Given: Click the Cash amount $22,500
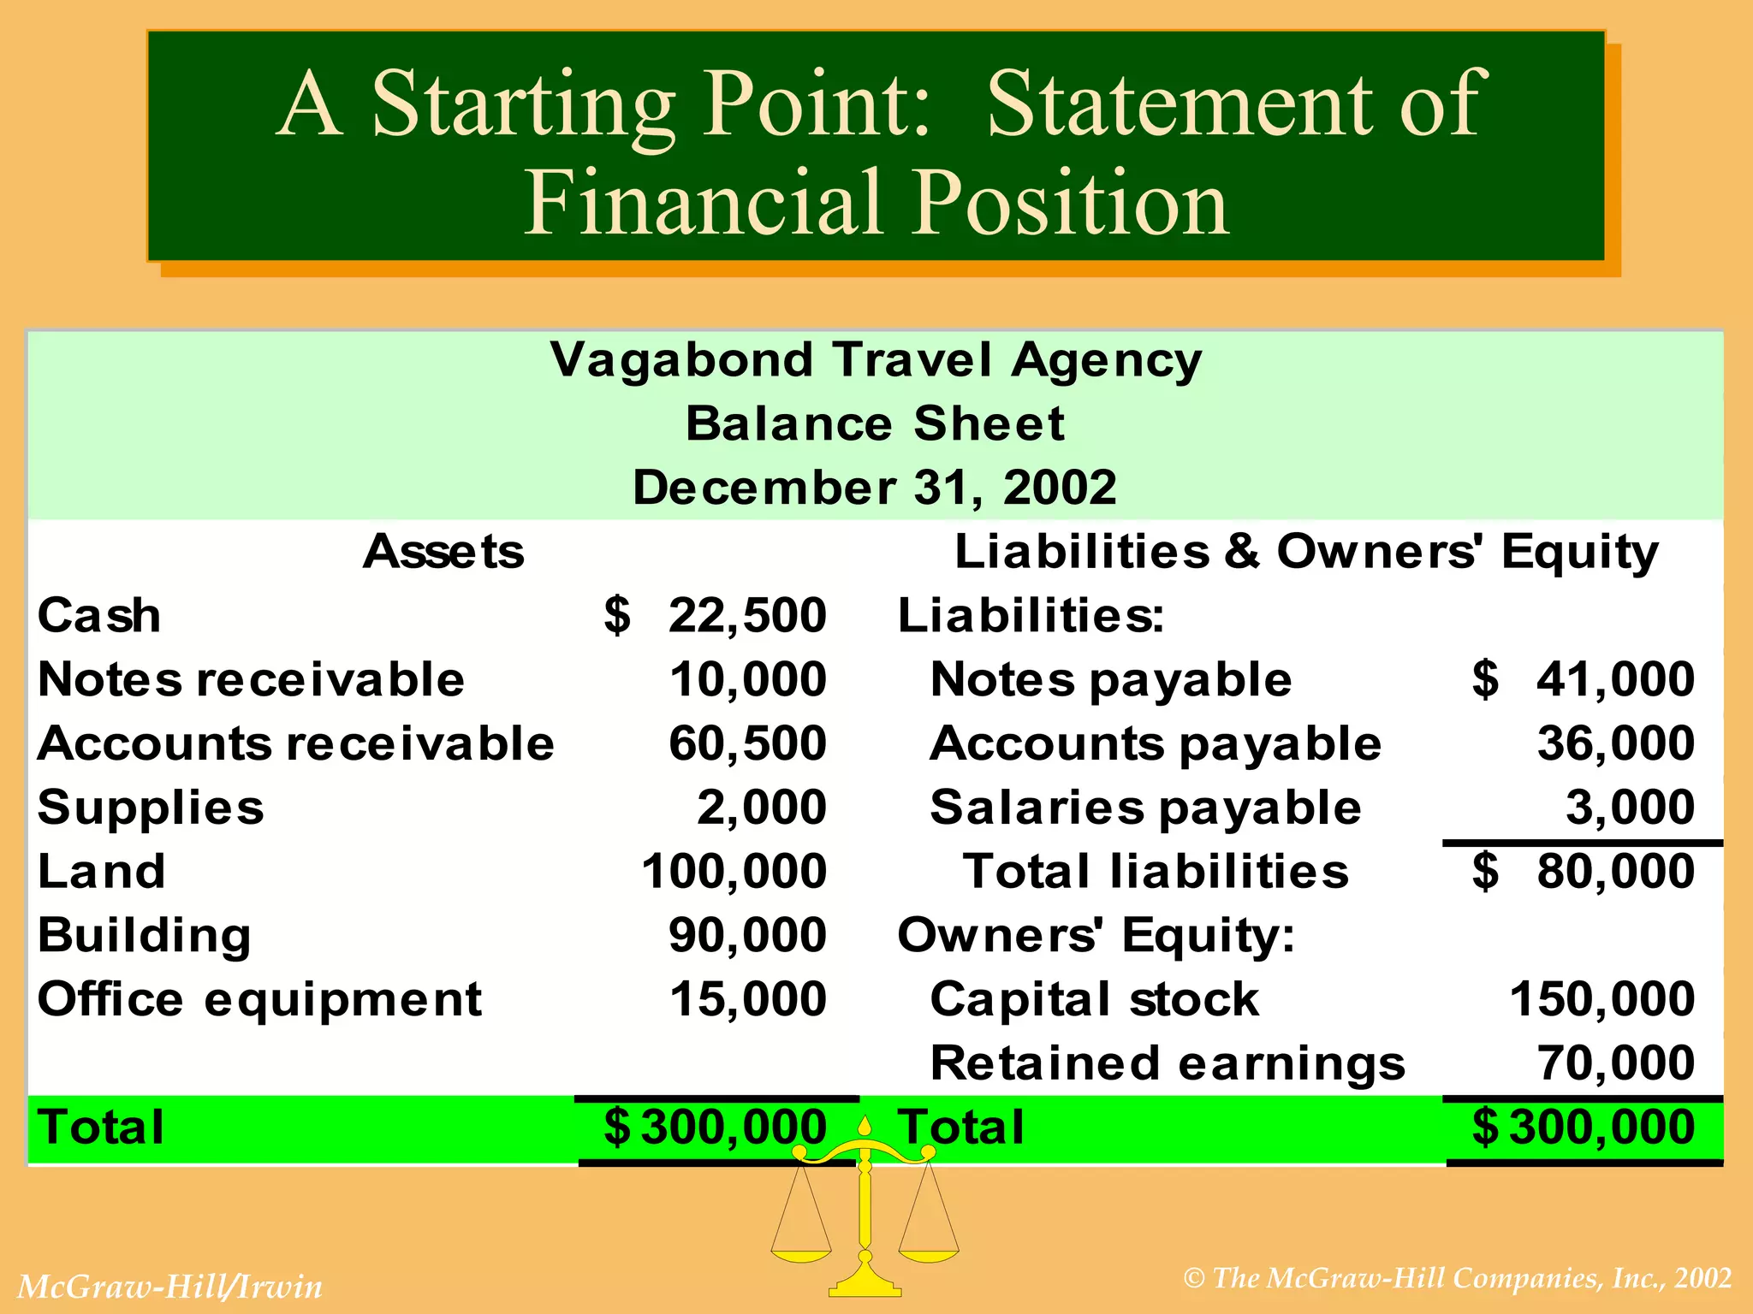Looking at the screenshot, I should pyautogui.click(x=716, y=616).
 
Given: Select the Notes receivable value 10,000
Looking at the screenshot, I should pyautogui.click(x=747, y=680).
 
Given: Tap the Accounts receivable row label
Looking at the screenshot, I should pyautogui.click(x=296, y=743).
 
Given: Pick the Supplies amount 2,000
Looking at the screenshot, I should pyautogui.click(x=762, y=808).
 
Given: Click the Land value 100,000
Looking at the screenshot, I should pyautogui.click(x=734, y=872).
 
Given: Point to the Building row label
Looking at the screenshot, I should pyautogui.click(x=145, y=935).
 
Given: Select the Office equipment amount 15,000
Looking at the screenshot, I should pyautogui.click(x=747, y=999).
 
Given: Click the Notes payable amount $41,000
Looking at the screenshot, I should pyautogui.click(x=1584, y=680).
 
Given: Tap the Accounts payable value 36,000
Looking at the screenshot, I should pyautogui.click(x=1615, y=743).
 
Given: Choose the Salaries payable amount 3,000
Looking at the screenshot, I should pyautogui.click(x=1630, y=808).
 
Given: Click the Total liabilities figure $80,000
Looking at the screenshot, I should pyautogui.click(x=1584, y=872).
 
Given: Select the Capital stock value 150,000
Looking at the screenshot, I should pyautogui.click(x=1601, y=999).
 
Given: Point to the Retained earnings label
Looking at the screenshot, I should pyautogui.click(x=1168, y=1063).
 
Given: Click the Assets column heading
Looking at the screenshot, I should pyautogui.click(x=443, y=552).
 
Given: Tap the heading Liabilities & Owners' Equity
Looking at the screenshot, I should pyautogui.click(x=1306, y=552).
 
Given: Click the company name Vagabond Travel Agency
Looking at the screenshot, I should pyautogui.click(x=876, y=360).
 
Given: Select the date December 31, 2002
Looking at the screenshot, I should pyautogui.click(x=875, y=488).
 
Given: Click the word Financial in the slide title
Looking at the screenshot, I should pyautogui.click(x=703, y=204).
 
